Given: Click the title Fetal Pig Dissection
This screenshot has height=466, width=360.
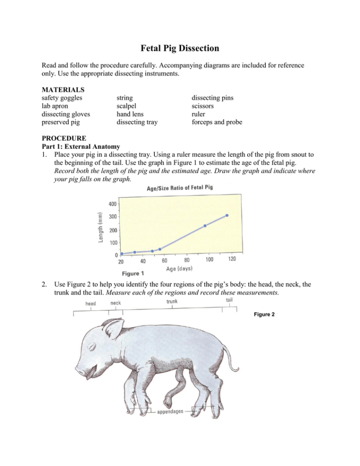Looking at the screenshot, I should tap(180, 49).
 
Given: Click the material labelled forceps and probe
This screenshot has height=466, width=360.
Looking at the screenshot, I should tap(217, 123).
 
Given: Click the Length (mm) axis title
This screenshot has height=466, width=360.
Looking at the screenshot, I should tap(100, 228).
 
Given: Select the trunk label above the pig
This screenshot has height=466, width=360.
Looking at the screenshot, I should tap(172, 302).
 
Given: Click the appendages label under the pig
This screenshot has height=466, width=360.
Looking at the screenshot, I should tap(171, 412).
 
